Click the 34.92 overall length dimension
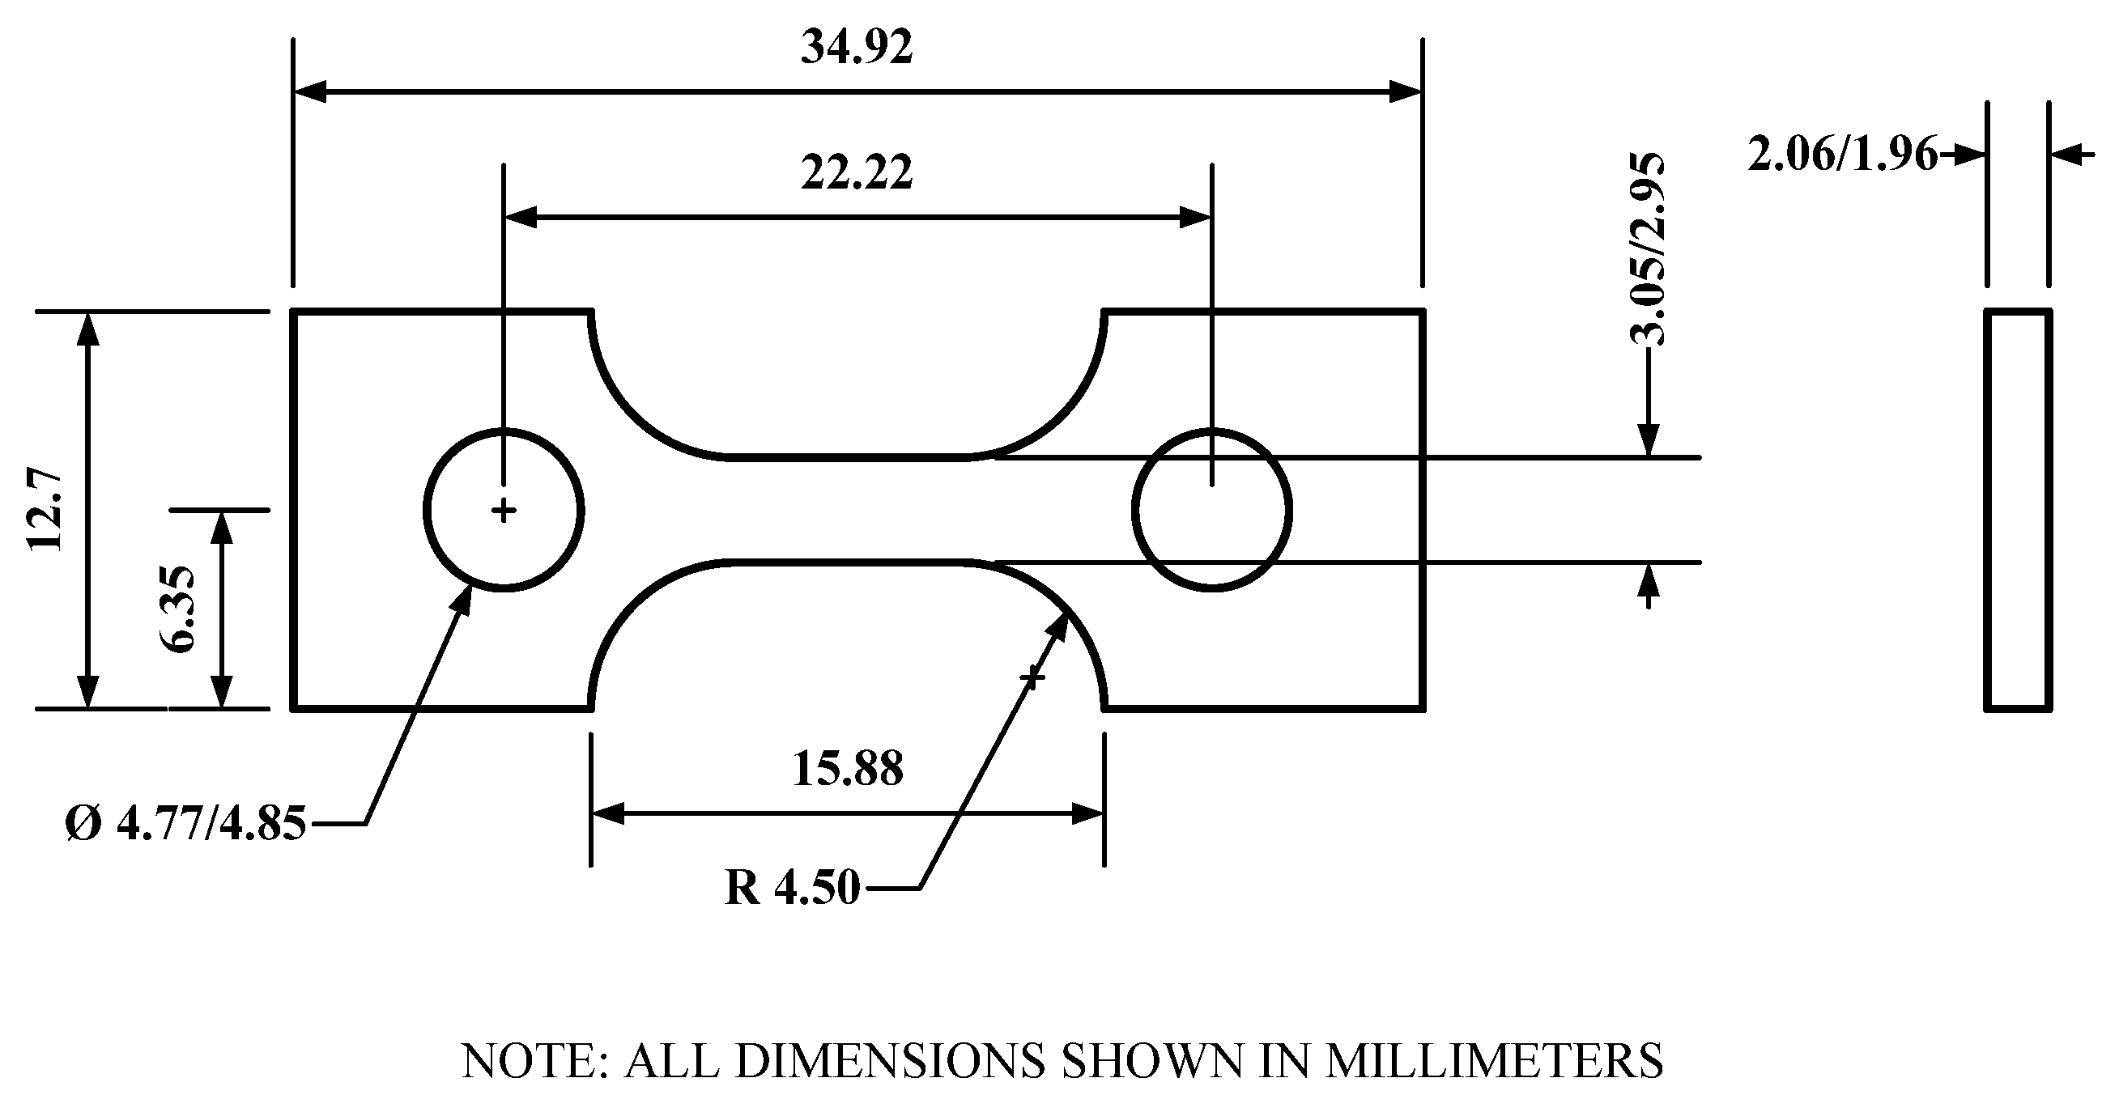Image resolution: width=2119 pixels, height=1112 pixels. (857, 48)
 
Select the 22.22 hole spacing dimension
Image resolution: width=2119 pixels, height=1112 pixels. (857, 173)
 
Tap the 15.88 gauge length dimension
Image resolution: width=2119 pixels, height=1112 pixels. (847, 769)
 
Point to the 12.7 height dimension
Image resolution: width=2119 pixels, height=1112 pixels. (45, 510)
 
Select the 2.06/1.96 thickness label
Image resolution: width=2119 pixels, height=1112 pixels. (1841, 155)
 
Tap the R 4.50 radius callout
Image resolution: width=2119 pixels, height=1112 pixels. (792, 889)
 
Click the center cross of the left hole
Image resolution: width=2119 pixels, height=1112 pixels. (504, 511)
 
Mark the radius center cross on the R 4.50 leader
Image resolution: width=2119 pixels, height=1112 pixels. (1032, 677)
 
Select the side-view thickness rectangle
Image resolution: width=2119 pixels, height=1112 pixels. (2017, 510)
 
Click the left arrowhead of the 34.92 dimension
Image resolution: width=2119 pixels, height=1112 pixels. (309, 91)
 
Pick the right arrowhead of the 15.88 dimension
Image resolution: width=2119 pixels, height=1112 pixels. (1088, 814)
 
